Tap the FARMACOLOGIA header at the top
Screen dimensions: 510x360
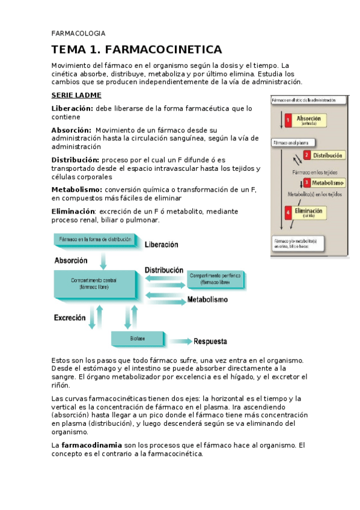click(78, 33)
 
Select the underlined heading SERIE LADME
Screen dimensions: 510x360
click(76, 95)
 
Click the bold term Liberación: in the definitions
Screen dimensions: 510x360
click(72, 108)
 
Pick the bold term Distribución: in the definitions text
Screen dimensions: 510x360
click(75, 160)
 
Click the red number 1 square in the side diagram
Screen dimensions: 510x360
click(288, 120)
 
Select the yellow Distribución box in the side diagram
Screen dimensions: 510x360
click(328, 155)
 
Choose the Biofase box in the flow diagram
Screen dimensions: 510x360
click(137, 339)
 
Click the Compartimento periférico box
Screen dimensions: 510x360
click(215, 278)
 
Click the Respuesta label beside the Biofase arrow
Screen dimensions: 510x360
click(210, 341)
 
